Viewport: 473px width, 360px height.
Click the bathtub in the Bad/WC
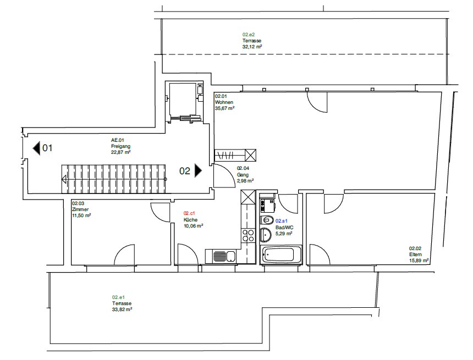point(281,255)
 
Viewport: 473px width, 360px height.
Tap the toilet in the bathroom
point(266,220)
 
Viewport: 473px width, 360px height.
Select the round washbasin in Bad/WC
point(266,235)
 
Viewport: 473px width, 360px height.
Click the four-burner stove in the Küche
point(248,236)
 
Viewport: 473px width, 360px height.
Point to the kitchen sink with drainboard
point(224,256)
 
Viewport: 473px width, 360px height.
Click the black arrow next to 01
point(36,148)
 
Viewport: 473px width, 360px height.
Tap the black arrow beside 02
point(198,170)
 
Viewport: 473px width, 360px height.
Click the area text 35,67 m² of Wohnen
point(225,108)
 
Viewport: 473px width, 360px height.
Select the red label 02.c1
point(189,213)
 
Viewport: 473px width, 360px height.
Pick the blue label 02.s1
point(282,221)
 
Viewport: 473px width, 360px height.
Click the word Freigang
point(120,146)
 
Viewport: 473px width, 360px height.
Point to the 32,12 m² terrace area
point(252,47)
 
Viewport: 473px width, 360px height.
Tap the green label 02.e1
point(119,297)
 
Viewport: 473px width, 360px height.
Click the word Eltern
point(415,254)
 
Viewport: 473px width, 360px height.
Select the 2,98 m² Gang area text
point(245,181)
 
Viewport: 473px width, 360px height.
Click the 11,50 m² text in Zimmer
point(81,215)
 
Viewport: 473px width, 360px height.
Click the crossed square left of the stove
point(248,197)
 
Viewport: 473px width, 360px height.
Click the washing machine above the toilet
point(267,205)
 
